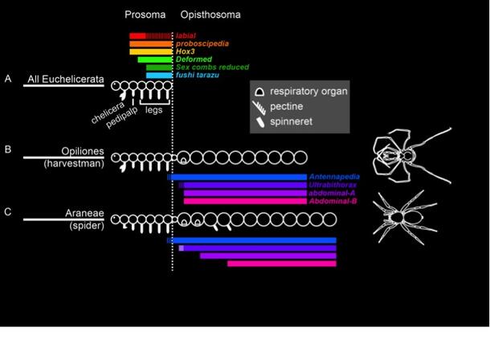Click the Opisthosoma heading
210,15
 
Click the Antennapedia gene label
333,177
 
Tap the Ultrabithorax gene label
333,185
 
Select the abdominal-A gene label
333,193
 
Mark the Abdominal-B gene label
333,201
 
